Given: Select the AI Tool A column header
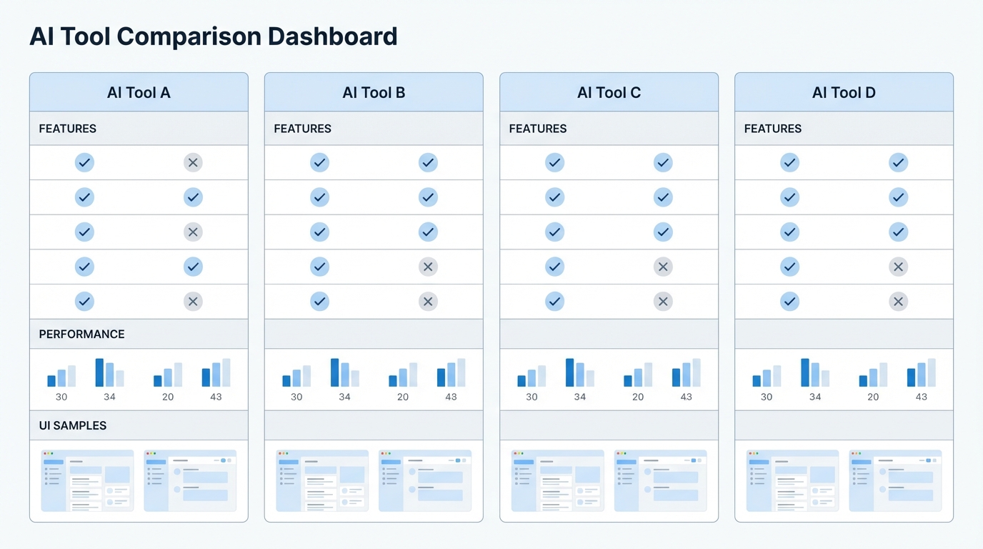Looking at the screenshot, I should tap(139, 92).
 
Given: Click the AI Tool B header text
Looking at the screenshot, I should tap(374, 92).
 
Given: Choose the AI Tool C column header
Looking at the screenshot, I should tap(609, 92).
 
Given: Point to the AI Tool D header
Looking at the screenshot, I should tap(844, 92).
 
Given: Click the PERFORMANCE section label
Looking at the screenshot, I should tap(81, 334).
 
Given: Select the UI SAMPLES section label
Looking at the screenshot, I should tap(72, 425).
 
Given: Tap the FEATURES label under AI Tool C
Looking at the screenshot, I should tap(537, 129).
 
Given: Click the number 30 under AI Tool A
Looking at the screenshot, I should tap(61, 397).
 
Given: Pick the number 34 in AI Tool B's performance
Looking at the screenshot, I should tap(344, 397).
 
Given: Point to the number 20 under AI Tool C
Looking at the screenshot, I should tap(638, 397).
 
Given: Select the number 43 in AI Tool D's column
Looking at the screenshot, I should tap(921, 397).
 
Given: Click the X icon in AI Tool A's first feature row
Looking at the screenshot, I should tap(192, 162).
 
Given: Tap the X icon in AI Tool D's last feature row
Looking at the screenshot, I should tap(898, 302).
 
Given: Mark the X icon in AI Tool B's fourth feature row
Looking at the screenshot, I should tap(428, 267).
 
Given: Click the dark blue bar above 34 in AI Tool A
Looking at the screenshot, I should tap(99, 372).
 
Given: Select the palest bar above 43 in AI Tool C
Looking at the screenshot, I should tap(697, 372).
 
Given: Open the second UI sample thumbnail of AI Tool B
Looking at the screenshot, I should tap(425, 480).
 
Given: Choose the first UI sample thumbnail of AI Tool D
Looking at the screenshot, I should tap(792, 480).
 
